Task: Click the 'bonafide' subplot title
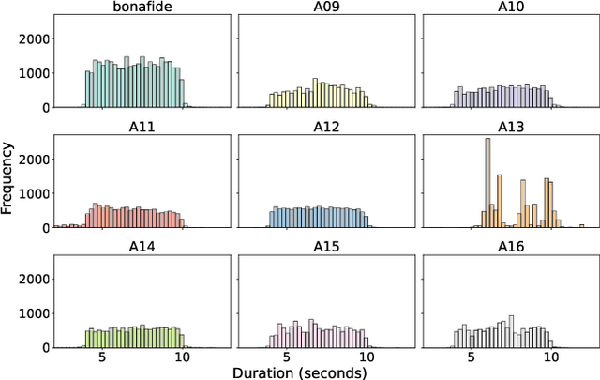pyautogui.click(x=141, y=8)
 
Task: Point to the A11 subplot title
pyautogui.click(x=141, y=128)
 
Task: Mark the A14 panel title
pyautogui.click(x=141, y=248)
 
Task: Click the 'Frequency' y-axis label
pyautogui.click(x=8, y=179)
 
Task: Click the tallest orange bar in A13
pyautogui.click(x=487, y=183)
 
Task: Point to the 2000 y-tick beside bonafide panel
pyautogui.click(x=34, y=39)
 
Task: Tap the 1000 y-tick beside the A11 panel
pyautogui.click(x=34, y=193)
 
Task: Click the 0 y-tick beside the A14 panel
pyautogui.click(x=44, y=348)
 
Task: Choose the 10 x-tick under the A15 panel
pyautogui.click(x=366, y=357)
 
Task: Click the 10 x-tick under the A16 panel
pyautogui.click(x=550, y=357)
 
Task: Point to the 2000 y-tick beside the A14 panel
pyautogui.click(x=34, y=280)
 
